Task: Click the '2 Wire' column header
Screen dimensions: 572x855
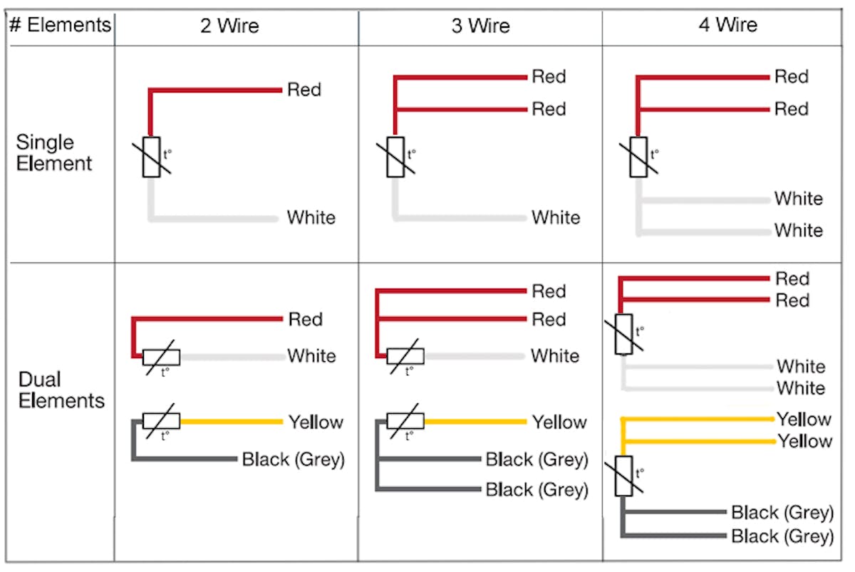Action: click(229, 27)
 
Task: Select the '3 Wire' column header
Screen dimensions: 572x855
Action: click(480, 27)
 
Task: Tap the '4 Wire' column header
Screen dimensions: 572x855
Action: click(727, 26)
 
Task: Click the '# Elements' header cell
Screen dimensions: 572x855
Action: click(61, 26)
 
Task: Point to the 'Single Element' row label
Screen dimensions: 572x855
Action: click(54, 152)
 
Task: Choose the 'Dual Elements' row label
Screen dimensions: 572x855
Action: click(61, 390)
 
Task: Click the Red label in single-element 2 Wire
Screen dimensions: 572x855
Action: click(304, 90)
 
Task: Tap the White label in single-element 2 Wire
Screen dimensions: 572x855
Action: click(311, 217)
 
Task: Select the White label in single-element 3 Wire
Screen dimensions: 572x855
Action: click(556, 217)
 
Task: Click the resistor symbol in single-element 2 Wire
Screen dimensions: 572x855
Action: click(151, 157)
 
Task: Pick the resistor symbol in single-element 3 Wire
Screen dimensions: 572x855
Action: click(395, 157)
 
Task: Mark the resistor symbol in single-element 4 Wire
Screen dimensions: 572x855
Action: click(639, 157)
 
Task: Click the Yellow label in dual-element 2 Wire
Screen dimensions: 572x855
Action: click(316, 422)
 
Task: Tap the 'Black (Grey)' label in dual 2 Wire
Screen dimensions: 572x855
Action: click(293, 459)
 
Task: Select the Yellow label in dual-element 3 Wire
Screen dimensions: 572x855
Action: click(559, 422)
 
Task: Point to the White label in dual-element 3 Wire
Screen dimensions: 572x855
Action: click(555, 355)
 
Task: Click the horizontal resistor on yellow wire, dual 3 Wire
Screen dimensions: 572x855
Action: click(405, 421)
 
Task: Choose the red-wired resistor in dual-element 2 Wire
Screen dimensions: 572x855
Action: click(161, 357)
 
